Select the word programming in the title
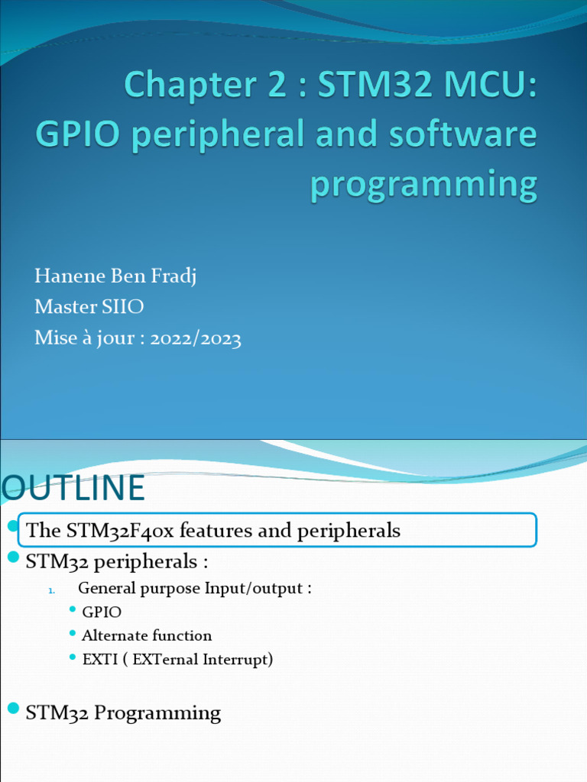423,185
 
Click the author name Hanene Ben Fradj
115,276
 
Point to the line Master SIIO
89,307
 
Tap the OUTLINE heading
73,489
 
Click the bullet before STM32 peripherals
12,558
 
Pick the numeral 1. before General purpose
52,590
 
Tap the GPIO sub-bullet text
102,612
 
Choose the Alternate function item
147,635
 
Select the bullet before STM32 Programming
12,709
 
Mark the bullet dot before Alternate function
72,633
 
